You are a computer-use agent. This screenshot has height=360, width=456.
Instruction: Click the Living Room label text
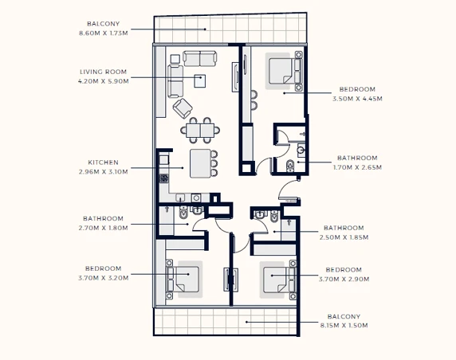104,72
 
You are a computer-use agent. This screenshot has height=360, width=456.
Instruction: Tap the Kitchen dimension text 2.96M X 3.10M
104,172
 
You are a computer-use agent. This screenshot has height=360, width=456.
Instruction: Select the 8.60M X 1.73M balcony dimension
104,33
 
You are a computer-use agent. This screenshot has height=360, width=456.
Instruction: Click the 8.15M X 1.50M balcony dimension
344,326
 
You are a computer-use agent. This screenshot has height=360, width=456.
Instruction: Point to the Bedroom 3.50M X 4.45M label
357,94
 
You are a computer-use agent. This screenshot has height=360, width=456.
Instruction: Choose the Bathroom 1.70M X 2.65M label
357,162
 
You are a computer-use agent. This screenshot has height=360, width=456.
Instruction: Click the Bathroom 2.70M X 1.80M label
104,223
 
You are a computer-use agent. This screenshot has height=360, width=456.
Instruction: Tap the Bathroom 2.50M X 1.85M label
344,233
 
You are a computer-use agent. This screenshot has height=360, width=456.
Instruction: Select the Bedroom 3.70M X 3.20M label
104,273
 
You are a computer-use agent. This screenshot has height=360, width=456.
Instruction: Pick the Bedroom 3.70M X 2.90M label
344,274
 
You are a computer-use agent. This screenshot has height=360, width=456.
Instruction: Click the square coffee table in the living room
200,81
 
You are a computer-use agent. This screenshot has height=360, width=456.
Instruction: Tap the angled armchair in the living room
183,108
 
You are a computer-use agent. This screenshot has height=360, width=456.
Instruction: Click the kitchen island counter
200,163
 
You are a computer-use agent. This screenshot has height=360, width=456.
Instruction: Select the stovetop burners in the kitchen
163,178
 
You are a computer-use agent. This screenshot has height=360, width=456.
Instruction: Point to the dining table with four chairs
200,131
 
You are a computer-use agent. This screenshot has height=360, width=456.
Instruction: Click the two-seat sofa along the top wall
200,59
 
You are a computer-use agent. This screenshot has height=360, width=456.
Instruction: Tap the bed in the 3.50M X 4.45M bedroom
281,71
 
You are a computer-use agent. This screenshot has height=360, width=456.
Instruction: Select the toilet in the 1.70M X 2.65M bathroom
290,166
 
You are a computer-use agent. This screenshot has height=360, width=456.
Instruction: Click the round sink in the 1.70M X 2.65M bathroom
301,150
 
